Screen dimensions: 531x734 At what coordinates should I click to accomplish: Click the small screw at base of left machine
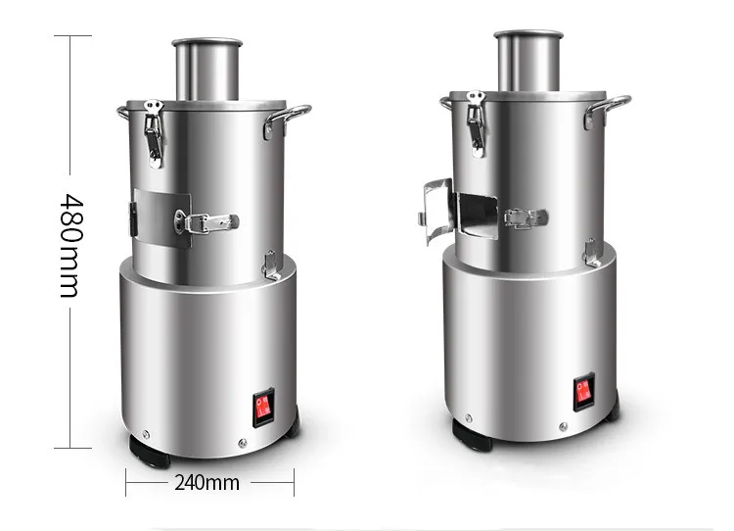[x=144, y=430]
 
